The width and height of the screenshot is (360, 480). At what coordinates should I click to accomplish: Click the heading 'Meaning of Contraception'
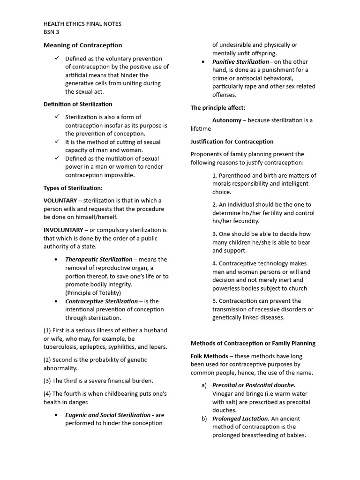[x=82, y=45]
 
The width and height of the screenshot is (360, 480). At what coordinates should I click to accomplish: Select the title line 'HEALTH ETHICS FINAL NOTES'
[x=82, y=24]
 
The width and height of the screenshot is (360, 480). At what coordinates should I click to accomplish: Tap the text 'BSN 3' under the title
[x=52, y=32]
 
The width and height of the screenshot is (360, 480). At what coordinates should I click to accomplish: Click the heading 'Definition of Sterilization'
[x=78, y=104]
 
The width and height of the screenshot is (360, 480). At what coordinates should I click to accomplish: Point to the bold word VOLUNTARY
[x=60, y=201]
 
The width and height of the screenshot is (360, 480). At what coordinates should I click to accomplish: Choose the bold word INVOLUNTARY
[x=63, y=230]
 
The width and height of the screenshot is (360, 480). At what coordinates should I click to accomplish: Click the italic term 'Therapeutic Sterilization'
[x=98, y=259]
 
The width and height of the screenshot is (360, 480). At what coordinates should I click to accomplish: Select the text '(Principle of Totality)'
[x=93, y=293]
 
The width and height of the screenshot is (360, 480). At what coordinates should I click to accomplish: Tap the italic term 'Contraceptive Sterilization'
[x=101, y=301]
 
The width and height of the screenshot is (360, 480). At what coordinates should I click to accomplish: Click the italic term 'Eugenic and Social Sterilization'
[x=108, y=415]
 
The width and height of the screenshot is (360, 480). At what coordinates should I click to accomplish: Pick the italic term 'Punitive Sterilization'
[x=240, y=62]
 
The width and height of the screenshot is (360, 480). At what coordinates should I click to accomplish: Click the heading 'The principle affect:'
[x=217, y=108]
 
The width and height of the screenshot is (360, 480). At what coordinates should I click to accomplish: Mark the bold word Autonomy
[x=227, y=120]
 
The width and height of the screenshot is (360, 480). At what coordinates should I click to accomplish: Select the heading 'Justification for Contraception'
[x=232, y=142]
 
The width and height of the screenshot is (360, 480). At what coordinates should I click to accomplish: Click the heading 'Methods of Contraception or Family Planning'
[x=253, y=343]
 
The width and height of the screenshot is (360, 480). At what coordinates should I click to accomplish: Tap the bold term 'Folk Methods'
[x=209, y=356]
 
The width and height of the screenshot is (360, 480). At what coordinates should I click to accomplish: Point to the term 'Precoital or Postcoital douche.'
[x=254, y=385]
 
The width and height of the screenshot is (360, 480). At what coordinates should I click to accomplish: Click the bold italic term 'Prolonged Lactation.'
[x=240, y=419]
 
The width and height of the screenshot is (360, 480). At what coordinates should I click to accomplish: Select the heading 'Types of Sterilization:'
[x=73, y=188]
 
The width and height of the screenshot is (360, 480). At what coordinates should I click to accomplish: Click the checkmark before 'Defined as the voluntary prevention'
[x=57, y=58]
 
